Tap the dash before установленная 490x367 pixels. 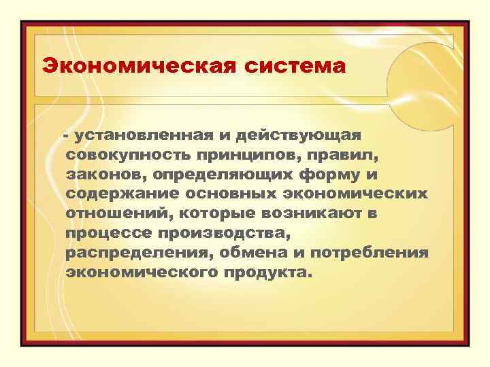[x=66, y=136]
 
